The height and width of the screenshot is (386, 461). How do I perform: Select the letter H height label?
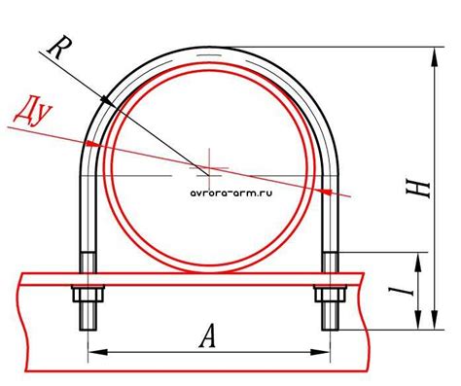[418, 190]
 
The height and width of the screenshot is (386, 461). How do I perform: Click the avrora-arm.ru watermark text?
[231, 193]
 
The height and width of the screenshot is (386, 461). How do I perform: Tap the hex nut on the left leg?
[88, 294]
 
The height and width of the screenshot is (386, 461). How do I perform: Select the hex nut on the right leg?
[330, 294]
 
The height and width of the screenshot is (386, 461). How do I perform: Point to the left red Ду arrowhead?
[93, 143]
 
